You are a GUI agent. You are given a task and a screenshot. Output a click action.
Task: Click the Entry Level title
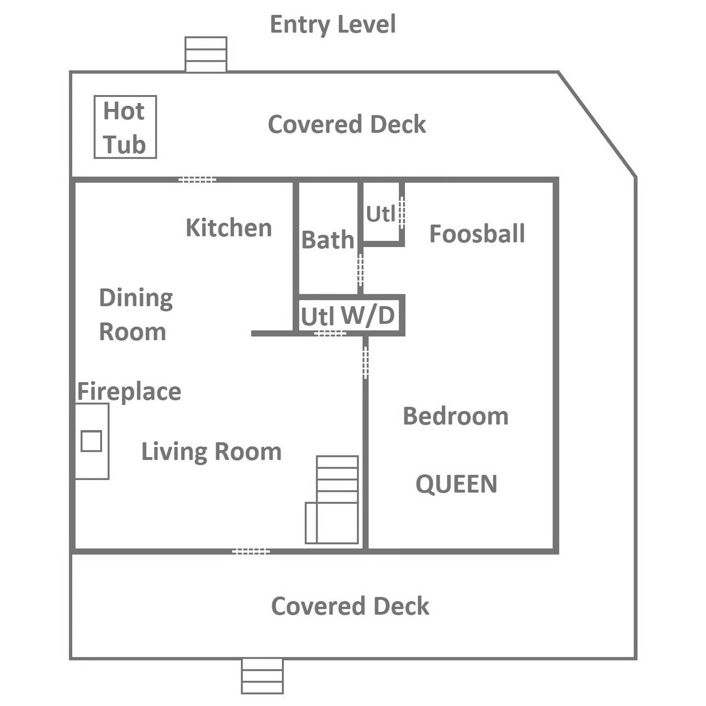pyautogui.click(x=333, y=25)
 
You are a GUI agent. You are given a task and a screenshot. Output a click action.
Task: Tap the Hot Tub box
pyautogui.click(x=125, y=127)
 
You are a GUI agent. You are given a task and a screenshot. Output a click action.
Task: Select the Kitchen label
pyautogui.click(x=229, y=228)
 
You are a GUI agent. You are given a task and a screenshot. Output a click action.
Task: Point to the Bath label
pyautogui.click(x=328, y=240)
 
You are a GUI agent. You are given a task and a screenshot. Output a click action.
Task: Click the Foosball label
pyautogui.click(x=477, y=233)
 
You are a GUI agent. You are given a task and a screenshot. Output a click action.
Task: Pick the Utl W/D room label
pyautogui.click(x=348, y=316)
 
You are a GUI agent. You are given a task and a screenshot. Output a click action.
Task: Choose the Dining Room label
pyautogui.click(x=136, y=315)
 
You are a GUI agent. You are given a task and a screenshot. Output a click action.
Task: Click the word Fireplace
pyautogui.click(x=129, y=391)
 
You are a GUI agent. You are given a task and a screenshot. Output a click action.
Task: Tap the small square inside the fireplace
pyautogui.click(x=91, y=441)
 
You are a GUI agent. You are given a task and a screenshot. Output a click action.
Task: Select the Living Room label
pyautogui.click(x=211, y=452)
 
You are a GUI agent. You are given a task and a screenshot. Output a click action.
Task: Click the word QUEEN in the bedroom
pyautogui.click(x=456, y=484)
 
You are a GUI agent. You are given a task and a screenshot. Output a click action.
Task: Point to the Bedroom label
pyautogui.click(x=455, y=416)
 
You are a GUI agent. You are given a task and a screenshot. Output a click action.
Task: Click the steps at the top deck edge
pyautogui.click(x=206, y=55)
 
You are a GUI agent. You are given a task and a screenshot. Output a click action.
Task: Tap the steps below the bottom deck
pyautogui.click(x=262, y=676)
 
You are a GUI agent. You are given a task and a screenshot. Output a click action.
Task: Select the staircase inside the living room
pyautogui.click(x=332, y=500)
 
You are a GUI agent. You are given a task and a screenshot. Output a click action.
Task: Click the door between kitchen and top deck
pyautogui.click(x=197, y=179)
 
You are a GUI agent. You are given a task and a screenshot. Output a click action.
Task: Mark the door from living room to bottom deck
pyautogui.click(x=251, y=552)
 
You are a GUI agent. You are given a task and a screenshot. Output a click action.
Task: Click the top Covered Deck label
pyautogui.click(x=347, y=124)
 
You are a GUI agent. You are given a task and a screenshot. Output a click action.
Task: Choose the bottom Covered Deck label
pyautogui.click(x=350, y=606)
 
